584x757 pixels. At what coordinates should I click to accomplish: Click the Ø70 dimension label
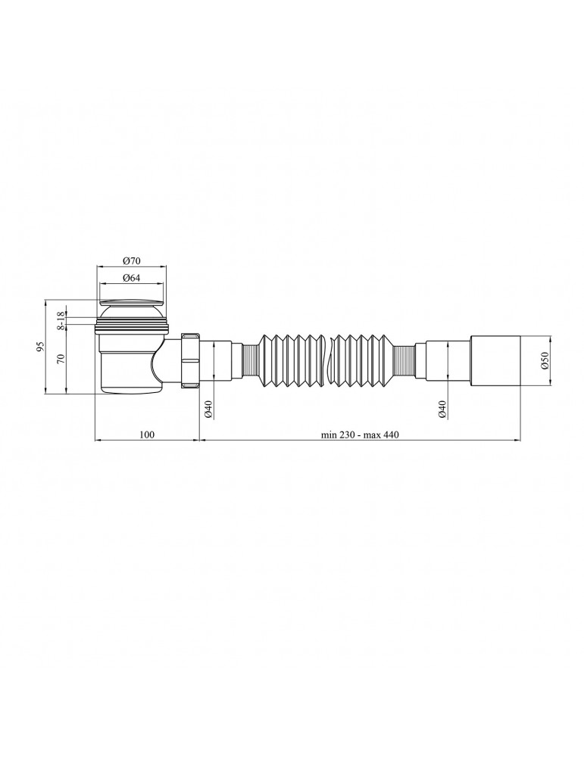(131, 261)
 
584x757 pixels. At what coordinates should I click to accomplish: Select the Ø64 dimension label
(131, 278)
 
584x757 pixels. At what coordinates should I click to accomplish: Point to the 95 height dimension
(41, 346)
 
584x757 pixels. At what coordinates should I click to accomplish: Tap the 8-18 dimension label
(61, 320)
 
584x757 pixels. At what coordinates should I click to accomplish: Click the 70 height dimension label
(61, 359)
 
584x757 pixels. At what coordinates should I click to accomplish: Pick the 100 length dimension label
(147, 435)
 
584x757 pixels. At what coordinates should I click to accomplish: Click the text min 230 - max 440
(360, 435)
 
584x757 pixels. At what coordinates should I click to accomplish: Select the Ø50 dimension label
(544, 360)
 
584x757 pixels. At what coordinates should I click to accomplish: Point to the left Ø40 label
(208, 409)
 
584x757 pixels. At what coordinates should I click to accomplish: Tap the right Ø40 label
(442, 409)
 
